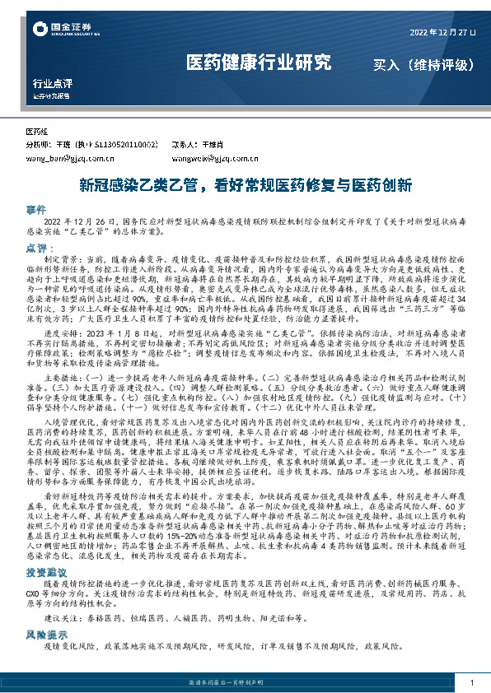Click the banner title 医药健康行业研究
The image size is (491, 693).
coord(258,63)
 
